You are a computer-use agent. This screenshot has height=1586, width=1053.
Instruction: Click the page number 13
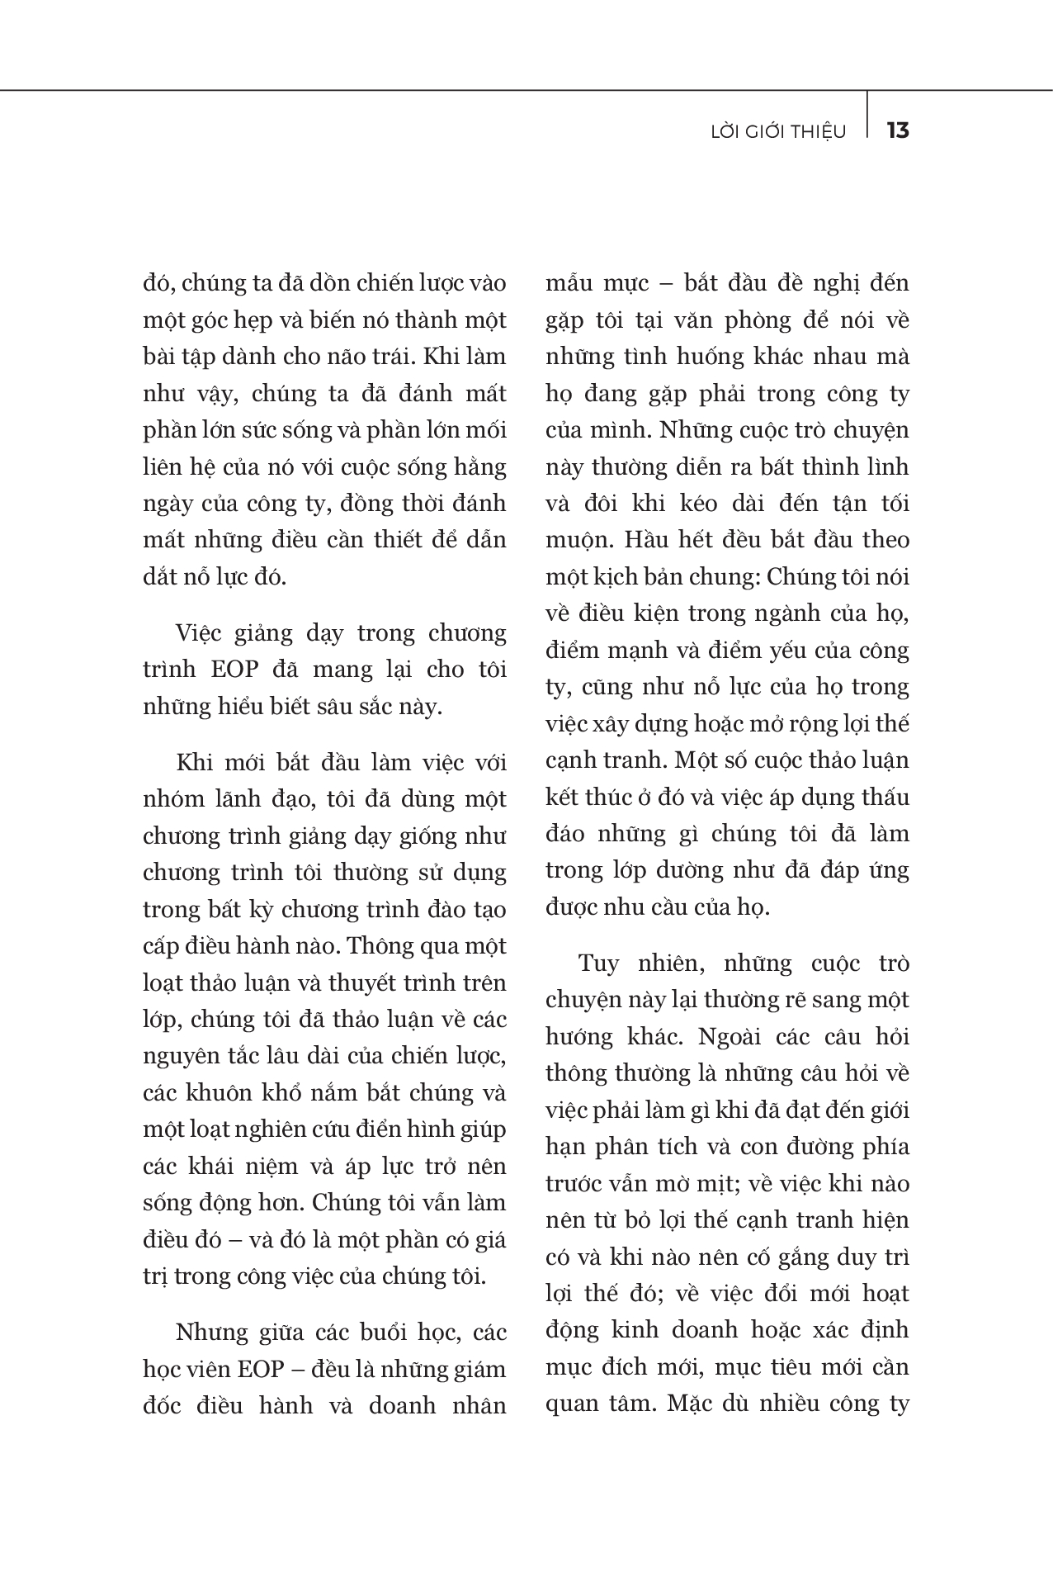(x=897, y=130)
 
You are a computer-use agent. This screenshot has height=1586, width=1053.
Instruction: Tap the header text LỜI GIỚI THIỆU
(x=778, y=132)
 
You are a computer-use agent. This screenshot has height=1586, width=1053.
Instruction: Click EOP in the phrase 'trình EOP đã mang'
(x=234, y=670)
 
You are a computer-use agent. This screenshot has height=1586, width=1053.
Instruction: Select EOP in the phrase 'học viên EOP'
(x=260, y=1370)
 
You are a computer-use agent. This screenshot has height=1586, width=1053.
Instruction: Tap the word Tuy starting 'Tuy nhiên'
(x=598, y=963)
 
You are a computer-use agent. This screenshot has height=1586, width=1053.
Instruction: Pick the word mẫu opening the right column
(x=569, y=284)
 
